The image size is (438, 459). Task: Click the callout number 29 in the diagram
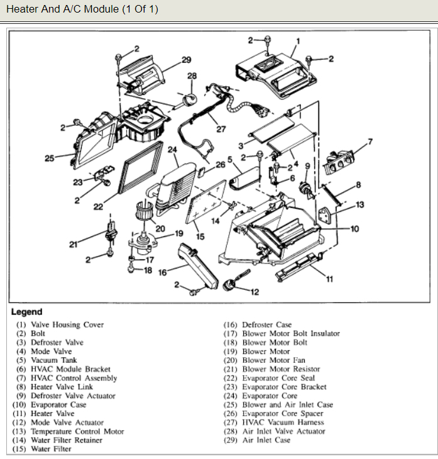pos(186,60)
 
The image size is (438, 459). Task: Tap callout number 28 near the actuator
pos(192,76)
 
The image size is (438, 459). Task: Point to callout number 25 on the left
pos(50,158)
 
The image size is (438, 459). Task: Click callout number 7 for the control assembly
pos(370,141)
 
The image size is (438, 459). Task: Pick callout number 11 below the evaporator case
pos(329,280)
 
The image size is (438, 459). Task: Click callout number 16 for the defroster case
pos(163,273)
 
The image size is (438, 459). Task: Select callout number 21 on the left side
pos(74,245)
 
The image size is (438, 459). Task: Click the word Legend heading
pos(26,312)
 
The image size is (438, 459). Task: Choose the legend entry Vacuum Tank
pos(53,360)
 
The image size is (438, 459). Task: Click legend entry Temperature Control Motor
pos(77,431)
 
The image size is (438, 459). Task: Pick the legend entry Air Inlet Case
pos(266,440)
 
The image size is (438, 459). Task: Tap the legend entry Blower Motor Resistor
pos(281,369)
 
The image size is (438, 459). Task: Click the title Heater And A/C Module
pos(82,9)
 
